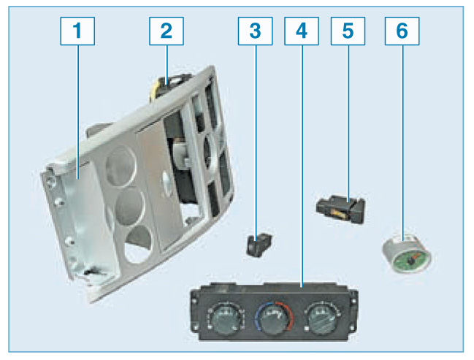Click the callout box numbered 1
point(77,31)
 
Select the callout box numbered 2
point(167,31)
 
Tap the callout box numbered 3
point(255,31)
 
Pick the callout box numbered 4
point(302,31)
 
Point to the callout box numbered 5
point(348,31)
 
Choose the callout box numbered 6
point(402,31)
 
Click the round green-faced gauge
point(407,253)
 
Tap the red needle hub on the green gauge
point(410,260)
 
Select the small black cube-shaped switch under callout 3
point(259,245)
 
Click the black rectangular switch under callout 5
point(341,209)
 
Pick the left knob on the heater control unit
point(226,319)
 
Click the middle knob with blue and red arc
point(274,320)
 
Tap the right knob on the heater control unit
point(322,319)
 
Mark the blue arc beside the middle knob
point(258,318)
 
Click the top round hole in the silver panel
point(121,166)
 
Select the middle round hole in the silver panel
point(130,206)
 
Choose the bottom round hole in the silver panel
point(138,244)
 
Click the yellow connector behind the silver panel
point(155,90)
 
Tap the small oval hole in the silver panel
point(167,183)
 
